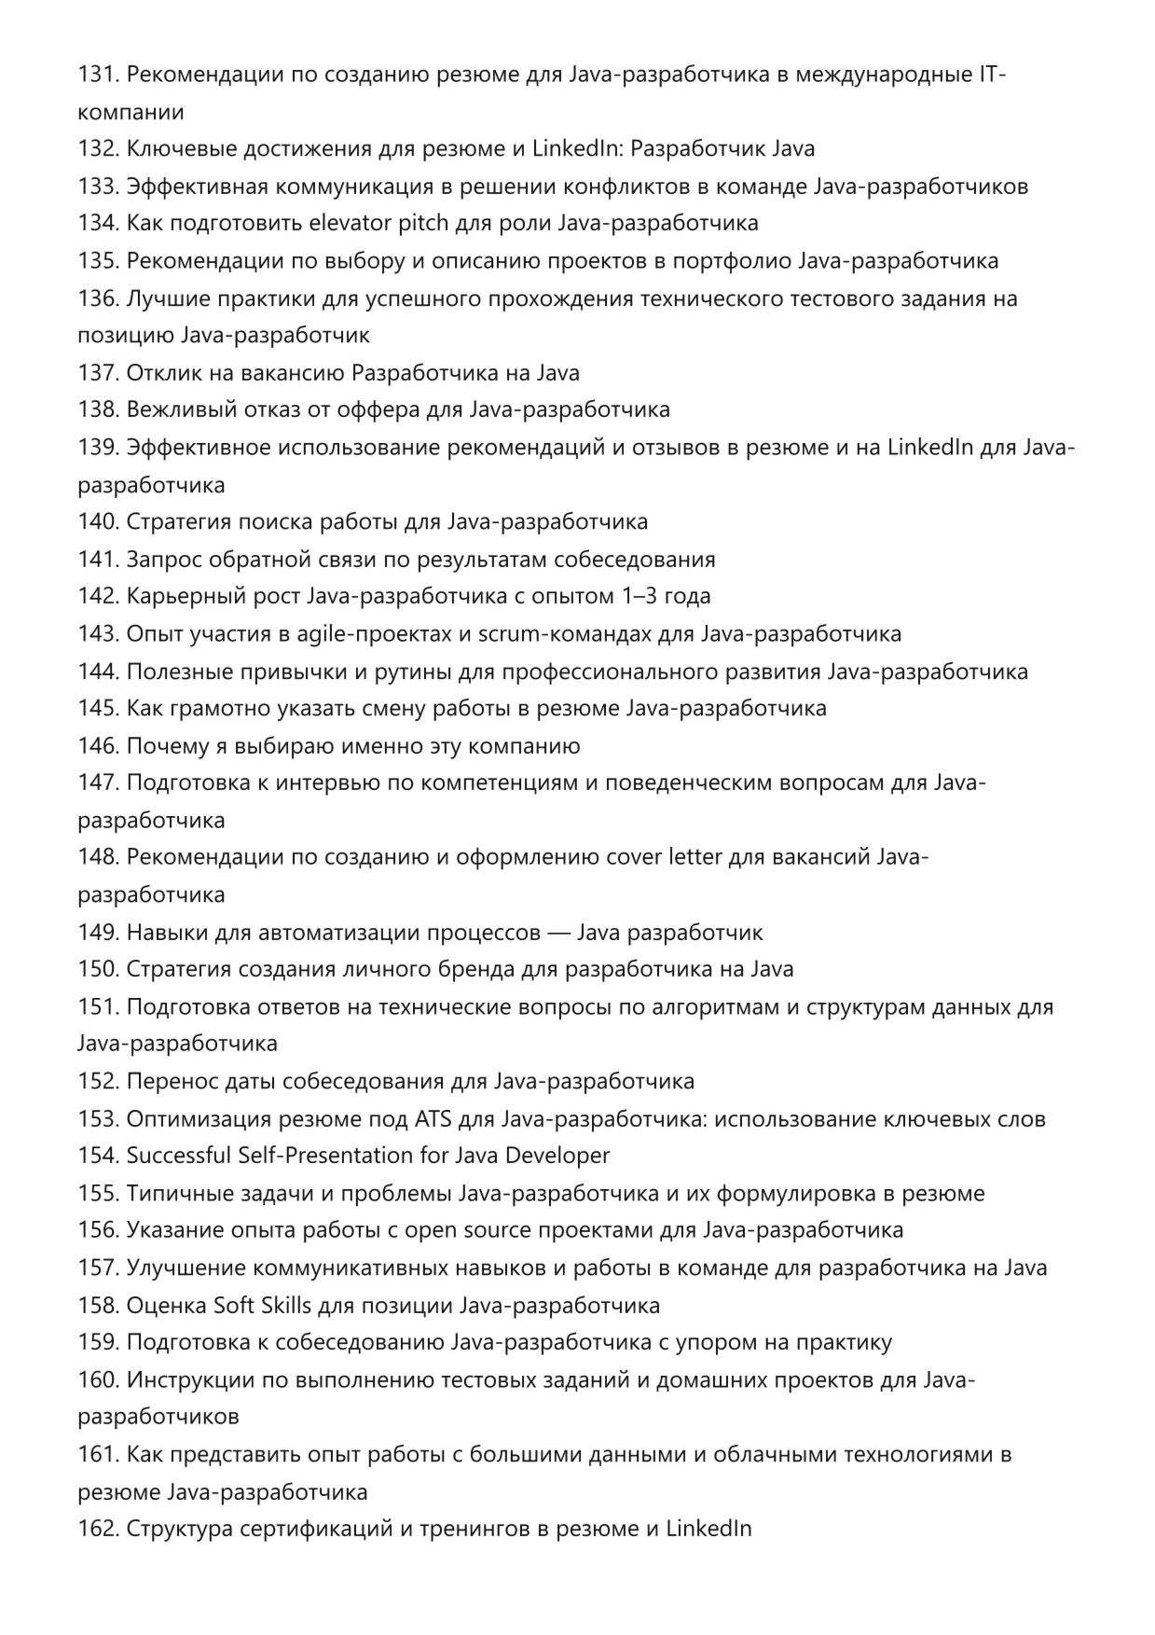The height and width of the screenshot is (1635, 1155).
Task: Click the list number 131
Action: (x=98, y=75)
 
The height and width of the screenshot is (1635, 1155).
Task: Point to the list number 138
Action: (x=98, y=410)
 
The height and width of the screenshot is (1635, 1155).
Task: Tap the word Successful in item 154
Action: (x=178, y=1157)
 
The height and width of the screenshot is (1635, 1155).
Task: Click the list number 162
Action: (x=98, y=1530)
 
